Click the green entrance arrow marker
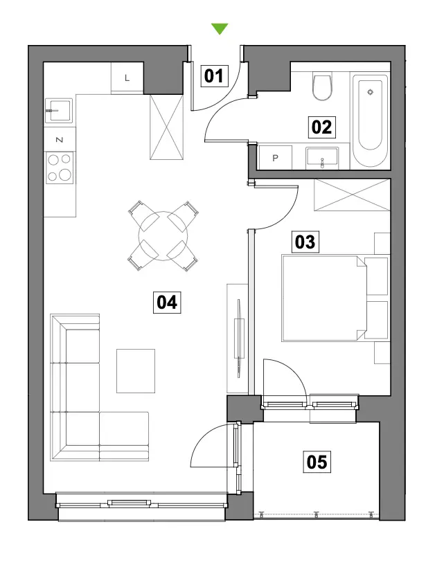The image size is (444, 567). (220, 28)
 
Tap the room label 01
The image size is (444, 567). (214, 76)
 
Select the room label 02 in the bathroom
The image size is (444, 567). (321, 127)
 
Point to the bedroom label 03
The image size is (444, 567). (305, 242)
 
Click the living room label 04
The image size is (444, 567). (167, 302)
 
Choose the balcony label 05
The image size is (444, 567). (317, 462)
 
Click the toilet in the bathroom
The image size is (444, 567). (322, 86)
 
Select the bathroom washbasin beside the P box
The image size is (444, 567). (322, 158)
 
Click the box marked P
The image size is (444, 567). (276, 158)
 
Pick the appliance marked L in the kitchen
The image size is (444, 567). (127, 78)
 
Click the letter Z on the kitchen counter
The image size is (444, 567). (60, 140)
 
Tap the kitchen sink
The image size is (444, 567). (59, 111)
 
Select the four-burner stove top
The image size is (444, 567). (60, 168)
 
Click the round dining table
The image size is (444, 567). (163, 236)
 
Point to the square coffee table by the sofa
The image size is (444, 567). (136, 370)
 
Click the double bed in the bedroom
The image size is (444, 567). (324, 298)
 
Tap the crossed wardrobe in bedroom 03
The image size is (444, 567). (352, 195)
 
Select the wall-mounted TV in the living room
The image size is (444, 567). (239, 338)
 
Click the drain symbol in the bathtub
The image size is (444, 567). (370, 92)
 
